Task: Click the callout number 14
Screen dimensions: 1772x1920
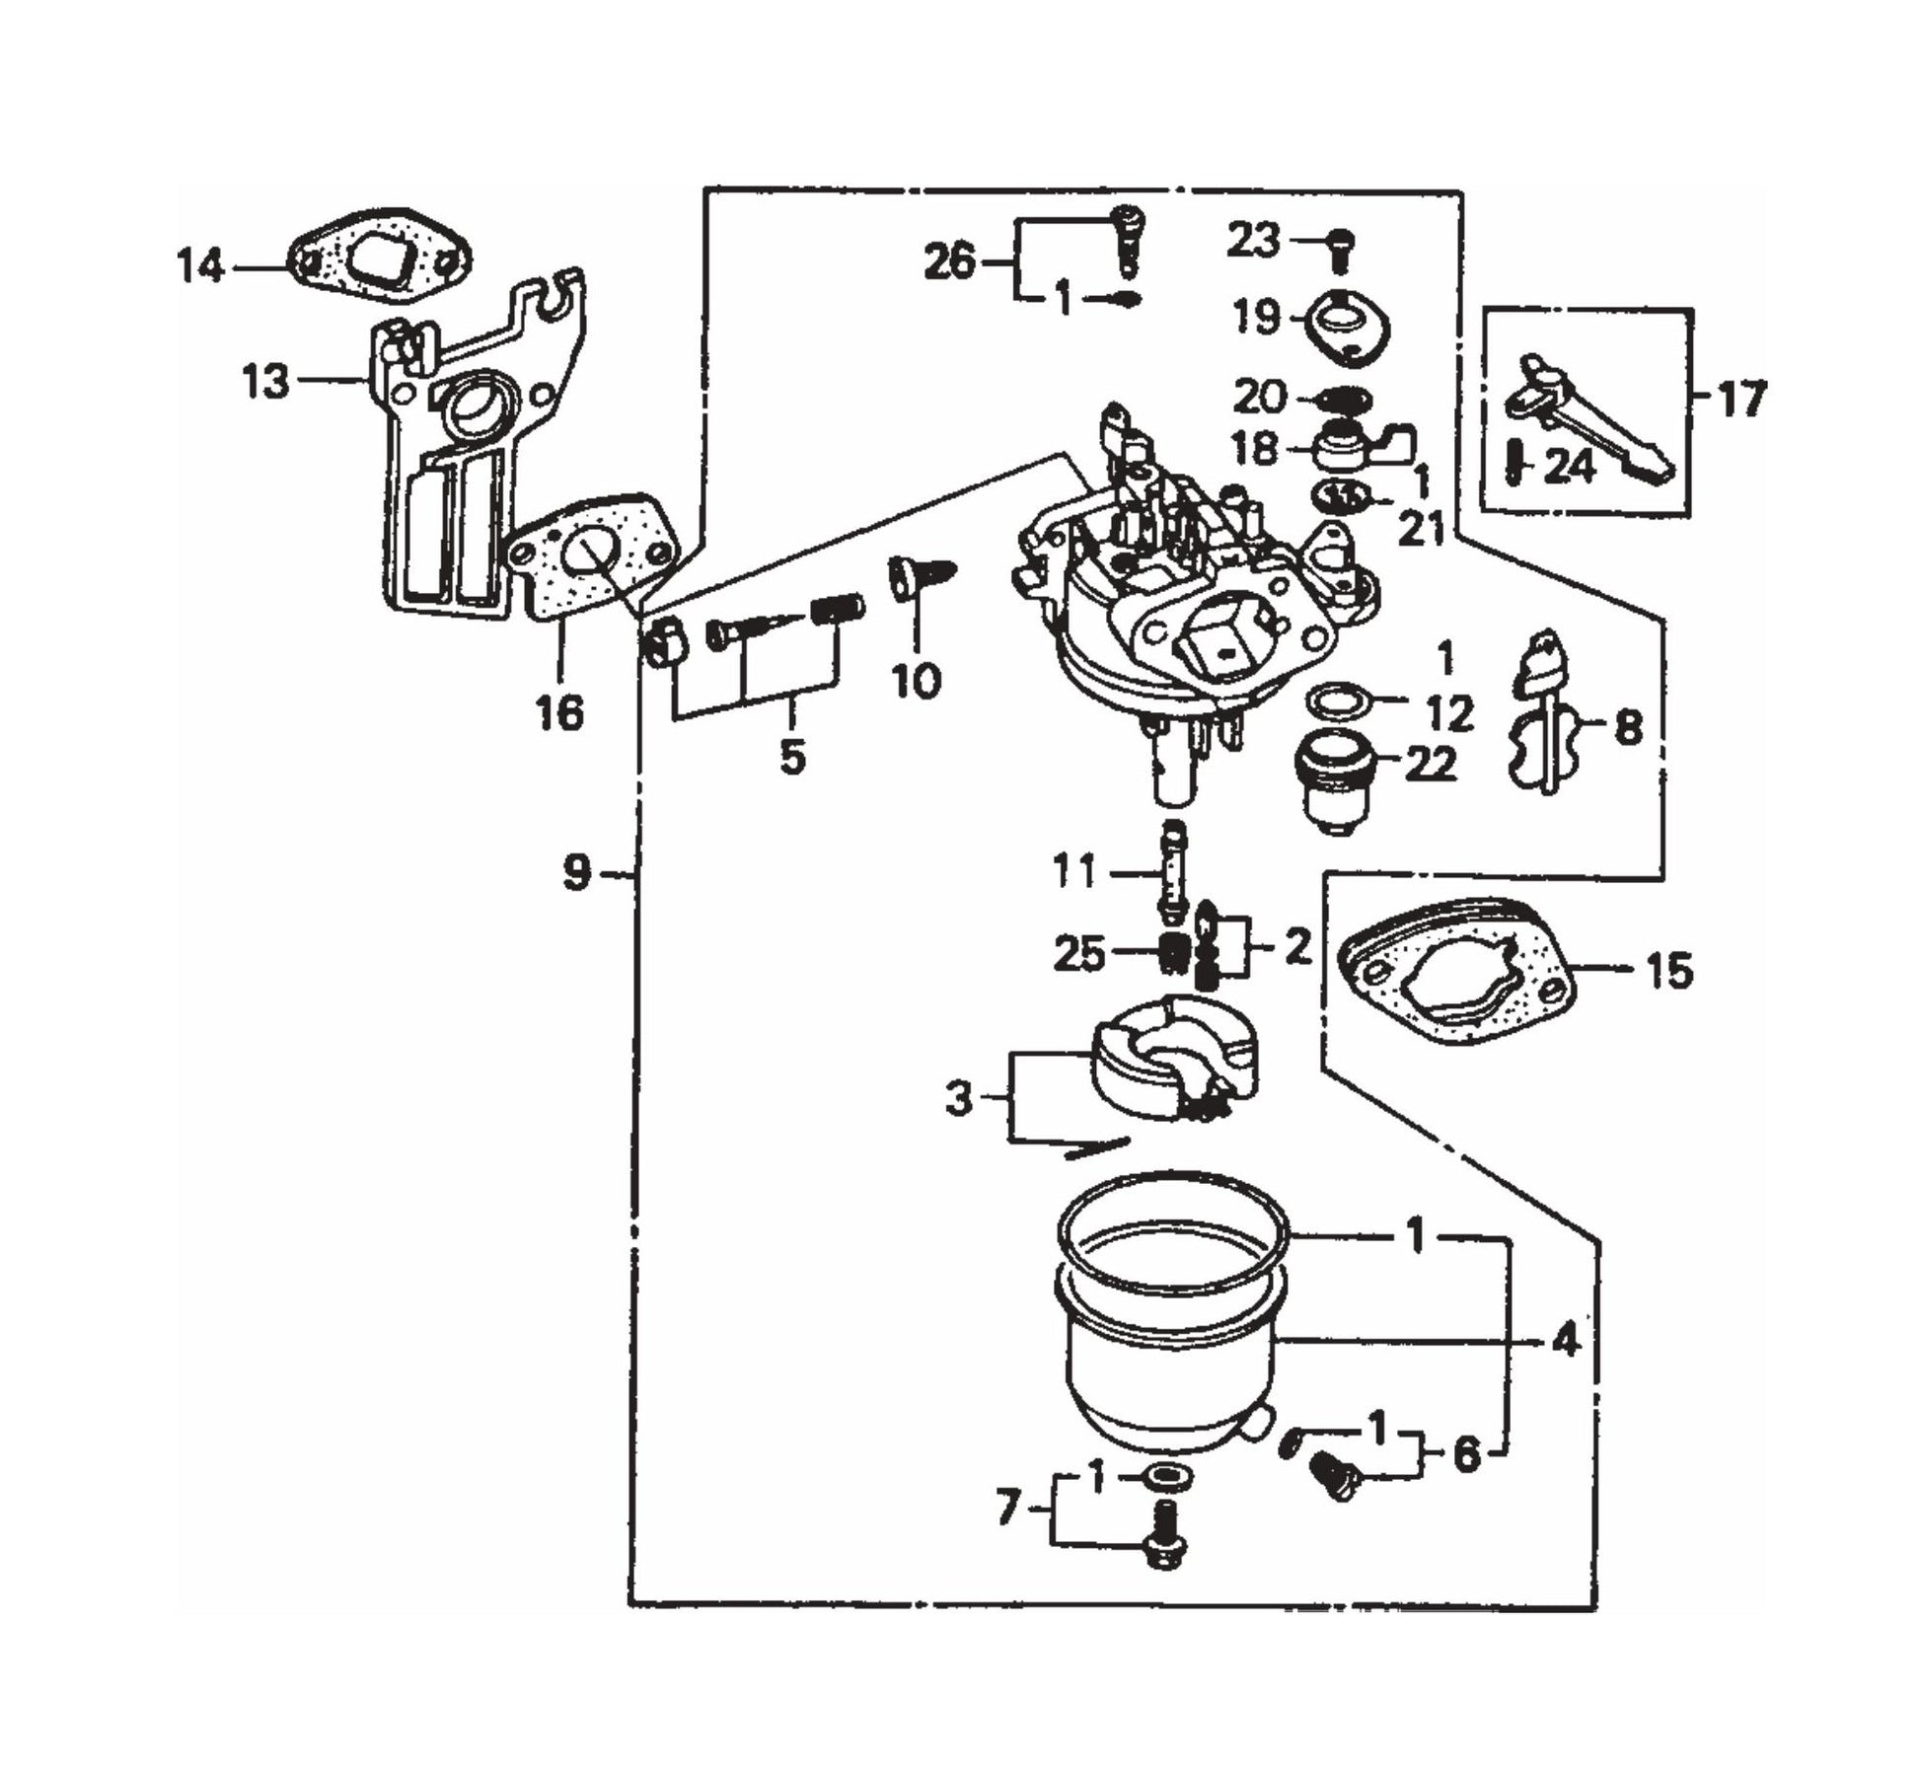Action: click(201, 266)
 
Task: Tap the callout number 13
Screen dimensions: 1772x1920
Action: click(265, 379)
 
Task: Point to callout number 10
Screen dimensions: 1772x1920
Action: click(917, 681)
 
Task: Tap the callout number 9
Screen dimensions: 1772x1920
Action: click(577, 872)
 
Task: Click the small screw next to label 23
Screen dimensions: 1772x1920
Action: click(1341, 247)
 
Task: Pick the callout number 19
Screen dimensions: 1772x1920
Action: click(1256, 318)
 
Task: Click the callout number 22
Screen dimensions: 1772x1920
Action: click(1430, 764)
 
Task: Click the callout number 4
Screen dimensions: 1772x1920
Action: click(1566, 1341)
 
